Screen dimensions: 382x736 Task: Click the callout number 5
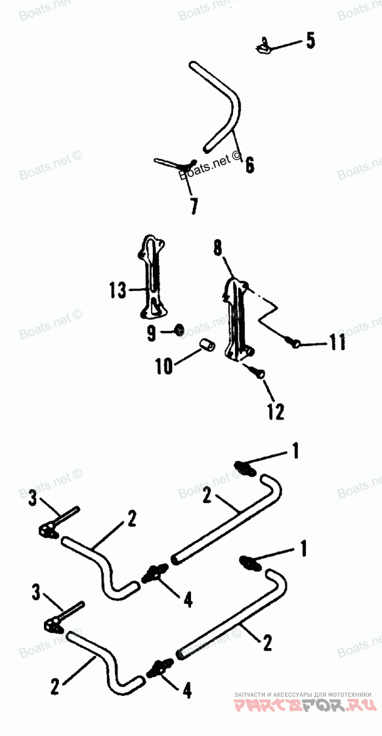tap(310, 41)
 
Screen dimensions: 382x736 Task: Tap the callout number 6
tap(249, 165)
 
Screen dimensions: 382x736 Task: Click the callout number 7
tap(193, 206)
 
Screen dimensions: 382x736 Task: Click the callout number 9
tap(151, 334)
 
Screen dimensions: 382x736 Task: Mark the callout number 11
tap(338, 343)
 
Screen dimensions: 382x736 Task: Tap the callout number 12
tap(276, 411)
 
